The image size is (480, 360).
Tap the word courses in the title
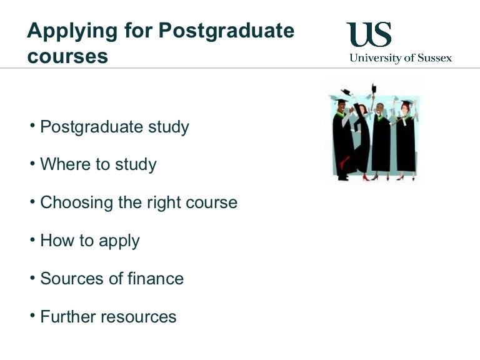67,56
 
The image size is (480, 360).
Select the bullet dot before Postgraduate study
32,124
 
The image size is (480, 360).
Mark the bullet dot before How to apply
32,238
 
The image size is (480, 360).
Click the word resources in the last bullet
141,317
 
